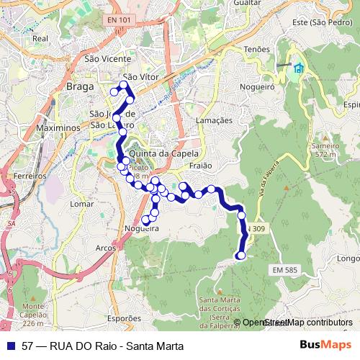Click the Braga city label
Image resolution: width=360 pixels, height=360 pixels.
click(x=80, y=86)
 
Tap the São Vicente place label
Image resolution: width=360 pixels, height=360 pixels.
click(x=108, y=59)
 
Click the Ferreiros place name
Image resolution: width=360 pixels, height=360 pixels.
click(x=30, y=176)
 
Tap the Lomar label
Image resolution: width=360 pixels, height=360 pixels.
click(x=83, y=204)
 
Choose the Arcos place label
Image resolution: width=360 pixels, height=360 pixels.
click(x=105, y=248)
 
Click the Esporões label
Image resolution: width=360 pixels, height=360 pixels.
click(x=124, y=318)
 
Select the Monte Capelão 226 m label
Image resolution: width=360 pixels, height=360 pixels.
click(x=35, y=310)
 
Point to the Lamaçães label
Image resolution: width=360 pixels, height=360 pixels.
click(x=215, y=120)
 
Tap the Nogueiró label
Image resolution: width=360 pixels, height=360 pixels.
click(x=261, y=86)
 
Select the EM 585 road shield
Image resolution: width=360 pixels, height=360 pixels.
click(x=285, y=269)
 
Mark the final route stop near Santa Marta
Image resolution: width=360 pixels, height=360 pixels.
click(x=240, y=255)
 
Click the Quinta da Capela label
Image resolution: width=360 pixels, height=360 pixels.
click(x=161, y=153)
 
